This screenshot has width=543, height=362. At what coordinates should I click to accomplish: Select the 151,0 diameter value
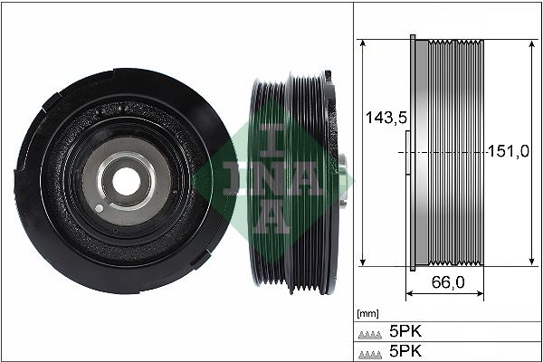click(x=509, y=151)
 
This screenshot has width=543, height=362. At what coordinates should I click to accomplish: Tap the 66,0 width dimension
click(x=448, y=282)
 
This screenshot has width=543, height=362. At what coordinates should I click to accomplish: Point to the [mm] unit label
click(x=367, y=313)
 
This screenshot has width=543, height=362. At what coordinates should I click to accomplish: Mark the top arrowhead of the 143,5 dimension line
click(x=361, y=43)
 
